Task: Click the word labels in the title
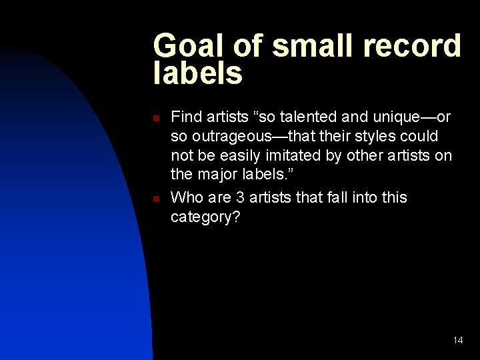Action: pos(198,73)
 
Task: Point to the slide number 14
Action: pos(458,340)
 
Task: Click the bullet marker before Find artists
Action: pos(155,118)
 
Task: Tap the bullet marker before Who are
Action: pos(155,198)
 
